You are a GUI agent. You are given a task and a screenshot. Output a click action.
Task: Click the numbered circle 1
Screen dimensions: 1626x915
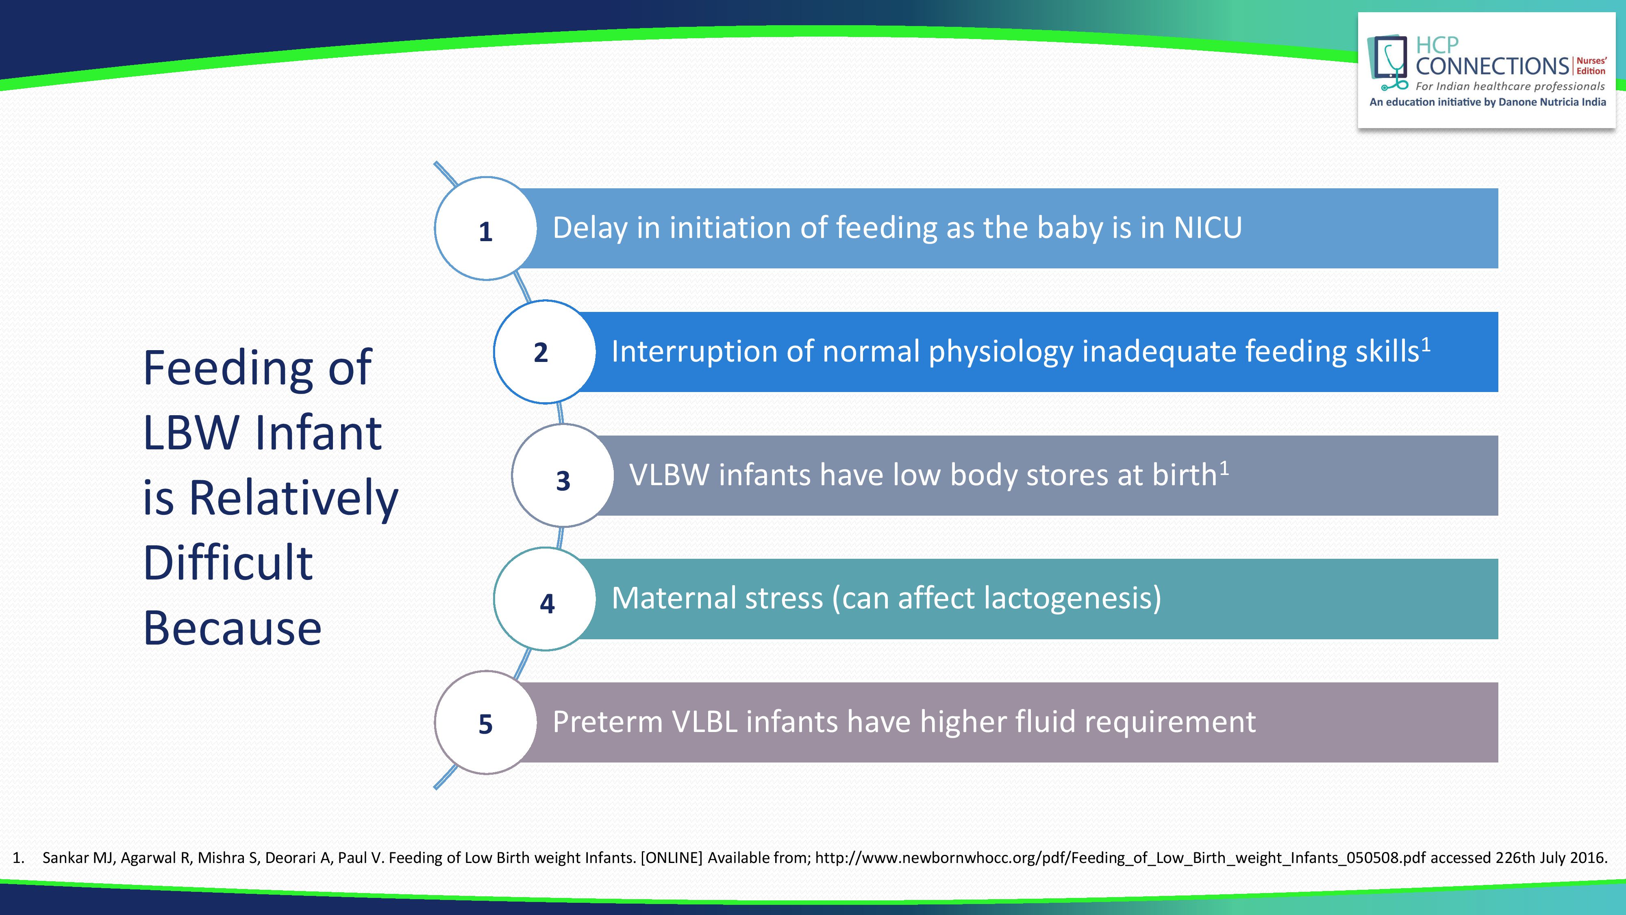(x=485, y=229)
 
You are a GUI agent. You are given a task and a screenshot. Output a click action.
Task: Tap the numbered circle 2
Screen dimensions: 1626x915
(x=545, y=352)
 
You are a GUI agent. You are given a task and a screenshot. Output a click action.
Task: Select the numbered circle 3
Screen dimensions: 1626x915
(x=563, y=475)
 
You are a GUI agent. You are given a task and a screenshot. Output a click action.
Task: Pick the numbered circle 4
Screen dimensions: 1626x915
(x=545, y=599)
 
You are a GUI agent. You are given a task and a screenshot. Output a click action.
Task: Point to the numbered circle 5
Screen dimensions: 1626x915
(x=485, y=722)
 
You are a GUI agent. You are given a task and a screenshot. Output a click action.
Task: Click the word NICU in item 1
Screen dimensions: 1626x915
(x=1207, y=228)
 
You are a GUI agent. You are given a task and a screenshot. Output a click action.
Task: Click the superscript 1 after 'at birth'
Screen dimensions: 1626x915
(x=1224, y=468)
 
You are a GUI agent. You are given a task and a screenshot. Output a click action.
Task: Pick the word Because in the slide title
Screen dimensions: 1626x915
(x=232, y=628)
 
